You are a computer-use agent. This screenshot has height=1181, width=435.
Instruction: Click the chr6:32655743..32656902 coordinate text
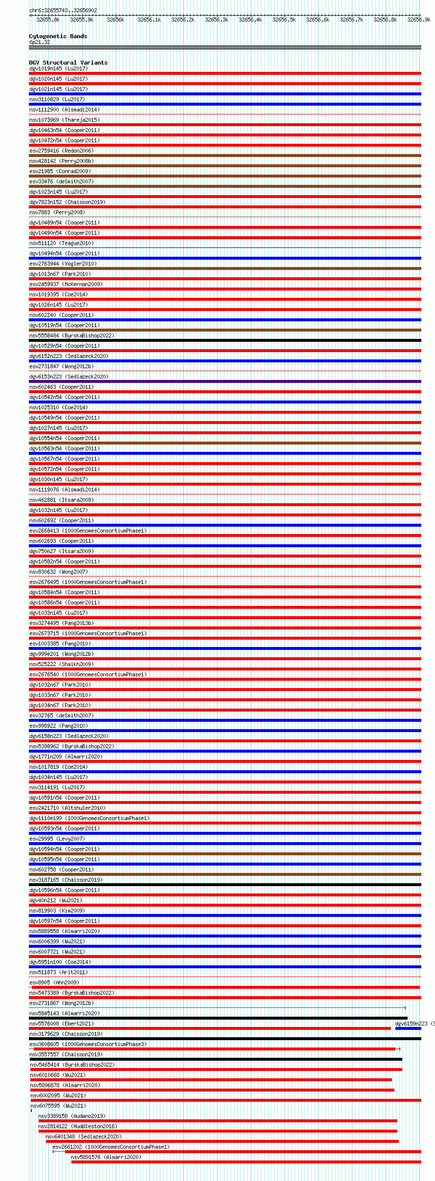(63, 10)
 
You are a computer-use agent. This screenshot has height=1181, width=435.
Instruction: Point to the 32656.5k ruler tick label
(284, 20)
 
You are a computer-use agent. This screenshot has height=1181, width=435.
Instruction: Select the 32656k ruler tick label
(115, 20)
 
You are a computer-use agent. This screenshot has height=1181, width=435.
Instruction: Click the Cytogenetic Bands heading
(58, 36)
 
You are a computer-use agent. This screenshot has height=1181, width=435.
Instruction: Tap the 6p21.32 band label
(40, 42)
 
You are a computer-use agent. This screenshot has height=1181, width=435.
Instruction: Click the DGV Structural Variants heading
(68, 63)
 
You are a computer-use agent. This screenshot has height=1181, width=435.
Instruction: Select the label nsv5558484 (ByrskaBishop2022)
(72, 335)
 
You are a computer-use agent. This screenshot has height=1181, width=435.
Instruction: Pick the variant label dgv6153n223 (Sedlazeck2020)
(69, 377)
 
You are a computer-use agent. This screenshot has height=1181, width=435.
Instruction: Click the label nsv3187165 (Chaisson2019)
(66, 880)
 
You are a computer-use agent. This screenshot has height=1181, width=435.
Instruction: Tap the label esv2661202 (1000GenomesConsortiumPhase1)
(111, 1147)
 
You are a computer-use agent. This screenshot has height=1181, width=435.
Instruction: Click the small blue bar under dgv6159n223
(408, 1028)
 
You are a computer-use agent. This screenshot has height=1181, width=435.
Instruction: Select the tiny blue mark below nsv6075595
(31, 1111)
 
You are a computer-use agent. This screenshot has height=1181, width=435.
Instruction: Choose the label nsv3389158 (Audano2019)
(72, 1116)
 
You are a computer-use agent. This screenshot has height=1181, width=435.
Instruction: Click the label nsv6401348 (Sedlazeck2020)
(84, 1136)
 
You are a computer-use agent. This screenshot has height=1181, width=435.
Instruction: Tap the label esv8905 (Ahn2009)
(54, 982)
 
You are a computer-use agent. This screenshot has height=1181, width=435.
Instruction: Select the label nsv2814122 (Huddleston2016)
(78, 1126)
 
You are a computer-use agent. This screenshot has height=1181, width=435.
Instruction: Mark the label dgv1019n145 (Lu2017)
(59, 68)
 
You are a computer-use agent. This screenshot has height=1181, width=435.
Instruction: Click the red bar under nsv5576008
(210, 1028)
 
